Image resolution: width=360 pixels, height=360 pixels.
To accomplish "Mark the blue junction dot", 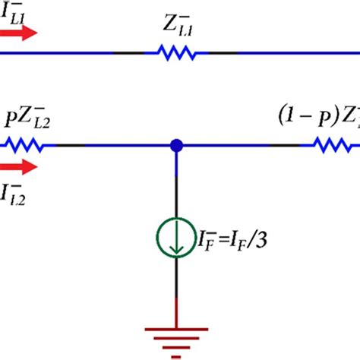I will (x=176, y=144).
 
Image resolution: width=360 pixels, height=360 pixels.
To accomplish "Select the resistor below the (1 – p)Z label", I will (x=333, y=144).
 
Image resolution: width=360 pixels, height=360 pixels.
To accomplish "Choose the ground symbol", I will (x=176, y=340).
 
